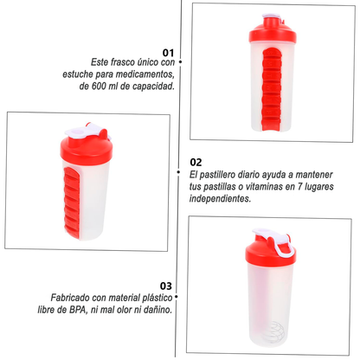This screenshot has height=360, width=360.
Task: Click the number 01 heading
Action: [168, 53]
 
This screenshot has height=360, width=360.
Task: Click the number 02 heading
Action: [196, 162]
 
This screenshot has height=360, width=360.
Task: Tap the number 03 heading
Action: [166, 286]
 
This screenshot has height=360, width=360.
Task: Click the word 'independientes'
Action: [220, 199]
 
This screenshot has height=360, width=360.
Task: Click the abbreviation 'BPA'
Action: [78, 310]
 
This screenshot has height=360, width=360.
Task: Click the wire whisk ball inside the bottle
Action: [277, 332]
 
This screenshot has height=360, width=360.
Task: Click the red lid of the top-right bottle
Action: [273, 33]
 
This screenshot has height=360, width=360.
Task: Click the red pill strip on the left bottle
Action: [72, 202]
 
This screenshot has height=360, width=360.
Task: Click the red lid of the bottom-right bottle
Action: [271, 253]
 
